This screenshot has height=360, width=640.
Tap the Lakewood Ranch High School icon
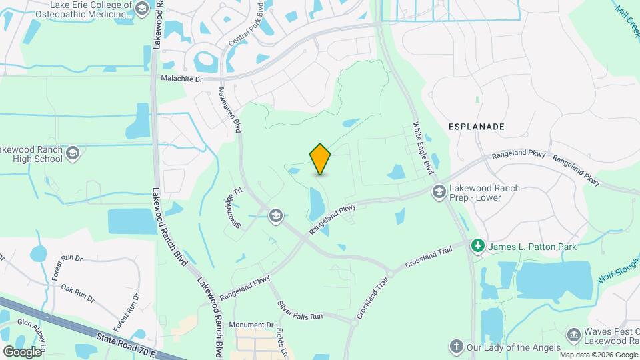point(73,154)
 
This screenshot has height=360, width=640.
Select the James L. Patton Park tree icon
point(478,247)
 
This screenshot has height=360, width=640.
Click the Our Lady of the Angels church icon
point(456,347)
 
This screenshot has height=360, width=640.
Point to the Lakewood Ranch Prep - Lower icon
point(439,193)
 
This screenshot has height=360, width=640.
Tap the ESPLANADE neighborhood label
point(476,126)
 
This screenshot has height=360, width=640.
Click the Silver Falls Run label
point(300,308)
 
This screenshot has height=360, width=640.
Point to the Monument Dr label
point(251,325)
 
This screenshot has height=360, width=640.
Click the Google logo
point(21,351)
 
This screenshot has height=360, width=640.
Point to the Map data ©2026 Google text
point(598,355)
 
